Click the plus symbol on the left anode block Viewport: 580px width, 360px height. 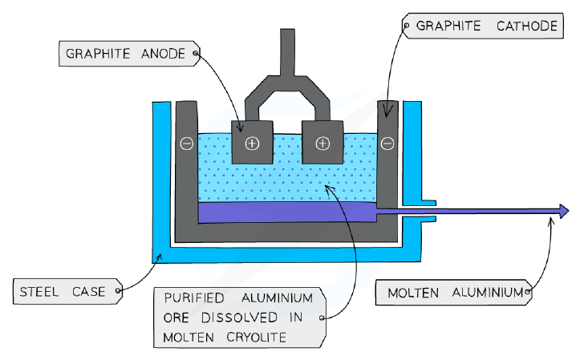[x=252, y=144]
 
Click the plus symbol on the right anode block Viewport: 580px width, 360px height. [x=322, y=144]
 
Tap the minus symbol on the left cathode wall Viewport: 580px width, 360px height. [x=187, y=144]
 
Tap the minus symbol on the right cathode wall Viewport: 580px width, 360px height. [x=387, y=144]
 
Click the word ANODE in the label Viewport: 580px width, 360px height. [x=163, y=54]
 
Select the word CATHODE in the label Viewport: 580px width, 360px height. [x=527, y=26]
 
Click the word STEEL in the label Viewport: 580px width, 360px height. [x=39, y=292]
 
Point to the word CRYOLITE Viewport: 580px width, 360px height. [x=256, y=338]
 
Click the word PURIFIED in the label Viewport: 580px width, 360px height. [x=194, y=298]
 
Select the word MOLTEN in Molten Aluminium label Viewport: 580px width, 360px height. [x=413, y=293]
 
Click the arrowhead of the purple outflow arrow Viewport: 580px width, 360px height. [x=565, y=212]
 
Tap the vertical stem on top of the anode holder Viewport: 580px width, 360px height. [x=287, y=52]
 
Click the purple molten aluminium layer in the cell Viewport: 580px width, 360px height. [x=287, y=212]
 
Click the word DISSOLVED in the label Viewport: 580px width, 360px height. [x=239, y=318]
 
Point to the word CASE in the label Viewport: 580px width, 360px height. [x=89, y=292]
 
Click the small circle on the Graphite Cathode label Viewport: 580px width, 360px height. [x=406, y=26]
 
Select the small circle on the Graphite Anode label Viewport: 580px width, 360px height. [x=195, y=54]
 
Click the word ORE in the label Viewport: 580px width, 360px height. [x=176, y=318]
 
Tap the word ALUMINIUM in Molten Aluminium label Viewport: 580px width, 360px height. [x=488, y=293]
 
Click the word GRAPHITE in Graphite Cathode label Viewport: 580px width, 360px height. [x=448, y=26]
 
